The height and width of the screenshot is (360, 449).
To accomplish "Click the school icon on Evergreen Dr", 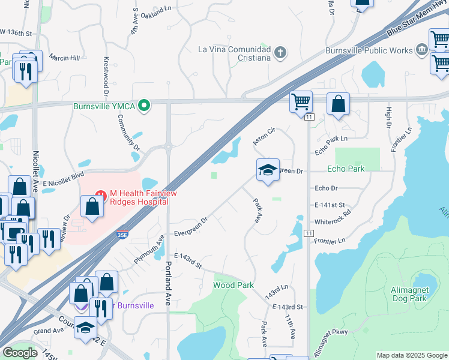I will tap(268, 170).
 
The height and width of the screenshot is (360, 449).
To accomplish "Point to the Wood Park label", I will tap(233, 285).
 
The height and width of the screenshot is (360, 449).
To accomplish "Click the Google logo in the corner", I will tap(20, 352).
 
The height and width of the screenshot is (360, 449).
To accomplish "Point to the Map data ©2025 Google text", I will tap(411, 355).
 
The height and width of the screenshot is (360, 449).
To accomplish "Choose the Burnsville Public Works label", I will tap(369, 51).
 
